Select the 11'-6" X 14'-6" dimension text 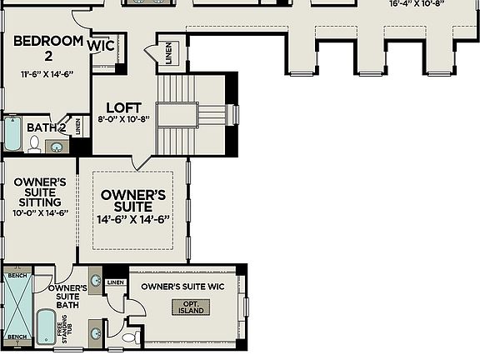47,74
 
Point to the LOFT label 122,107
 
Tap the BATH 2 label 45,127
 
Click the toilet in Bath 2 34,144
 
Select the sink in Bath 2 57,147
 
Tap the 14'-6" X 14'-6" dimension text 132,219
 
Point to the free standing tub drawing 44,327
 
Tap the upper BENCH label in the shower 17,275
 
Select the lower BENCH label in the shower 17,338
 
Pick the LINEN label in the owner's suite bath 115,282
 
